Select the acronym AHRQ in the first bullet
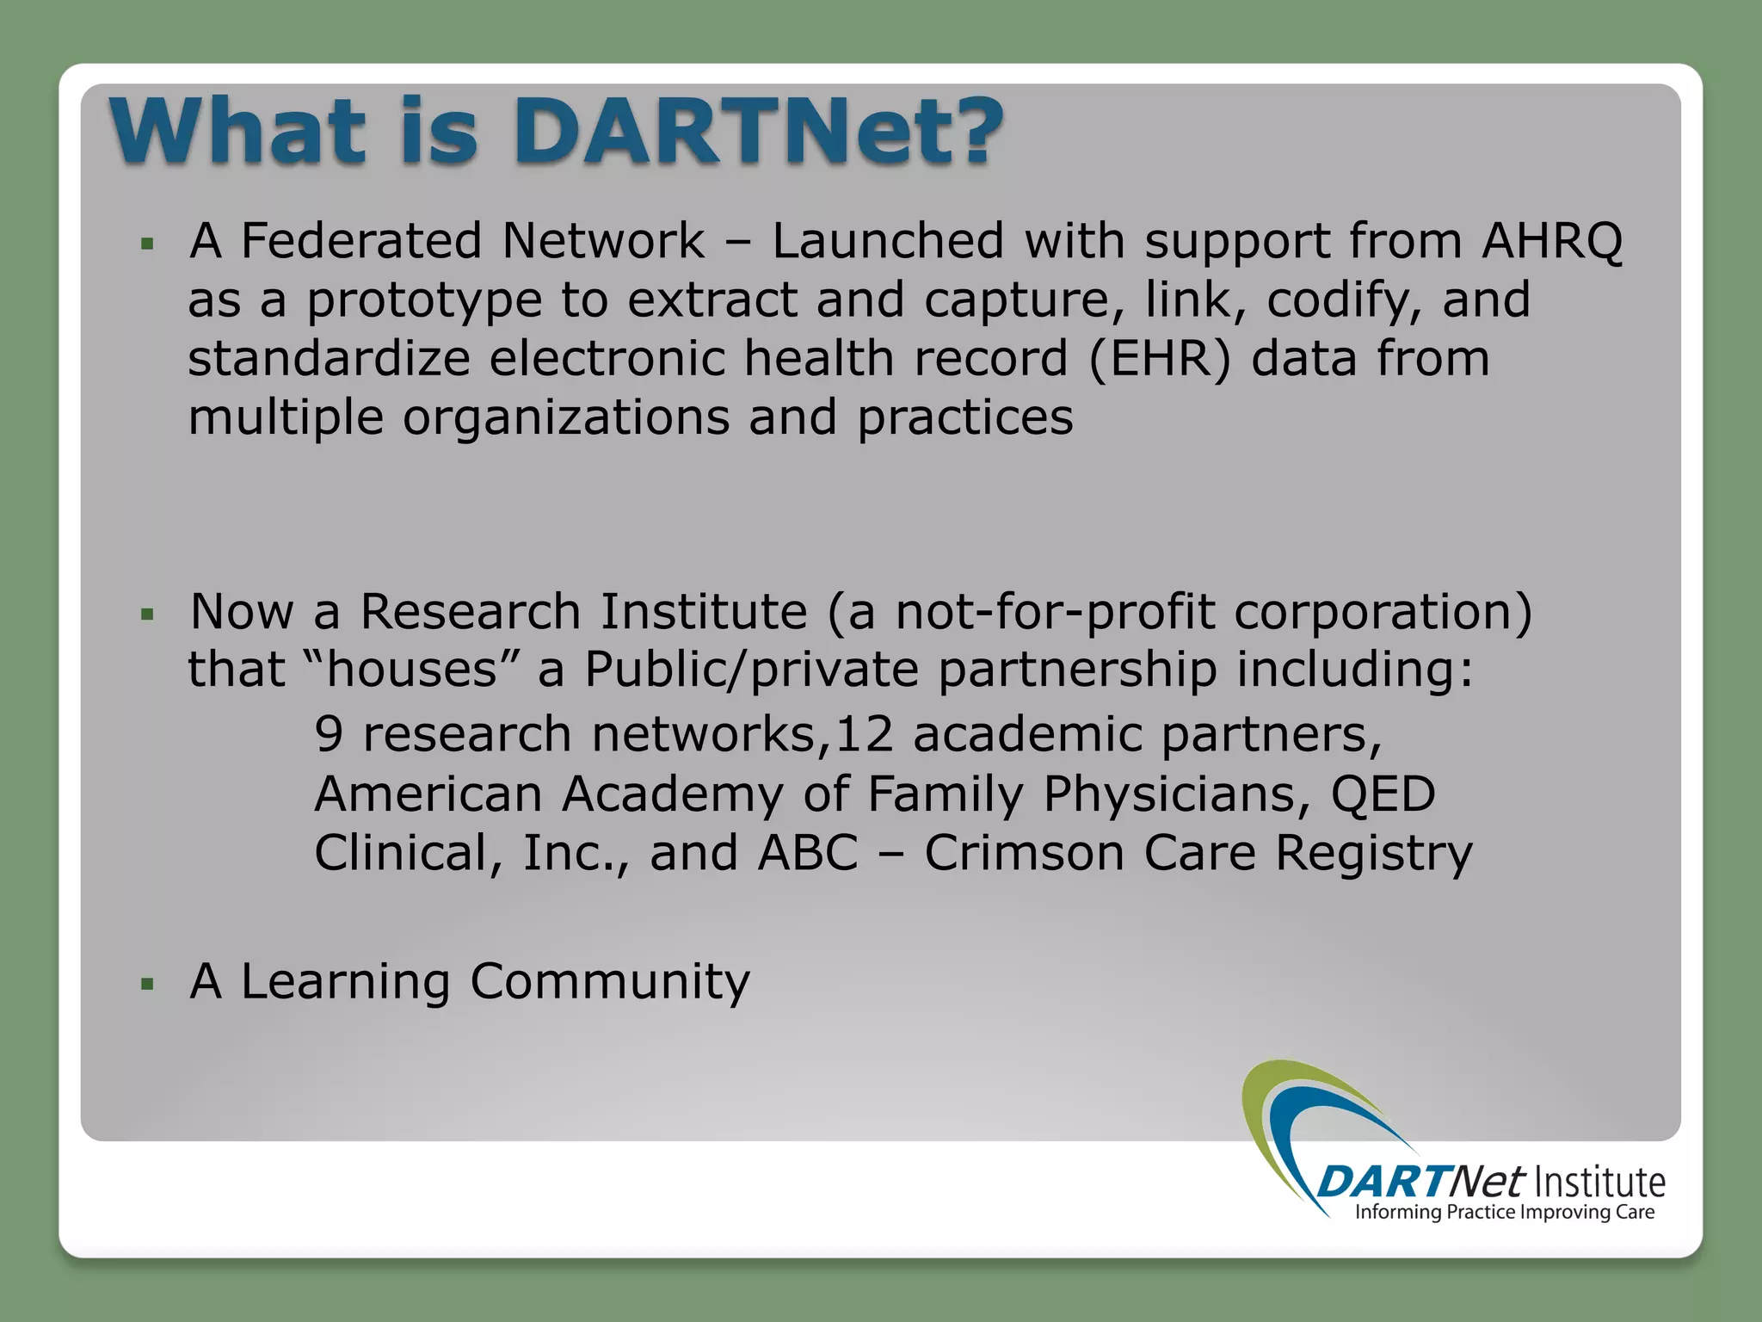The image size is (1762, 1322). point(1551,240)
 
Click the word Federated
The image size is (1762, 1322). point(361,240)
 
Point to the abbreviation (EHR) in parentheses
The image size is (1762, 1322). point(1160,358)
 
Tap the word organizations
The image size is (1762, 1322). point(565,418)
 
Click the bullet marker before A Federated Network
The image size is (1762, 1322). point(148,244)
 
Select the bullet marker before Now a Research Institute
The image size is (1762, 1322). point(148,615)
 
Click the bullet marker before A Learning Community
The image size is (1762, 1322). point(148,984)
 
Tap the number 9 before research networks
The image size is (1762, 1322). point(329,735)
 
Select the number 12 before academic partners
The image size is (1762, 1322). point(864,735)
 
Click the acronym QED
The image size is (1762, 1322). point(1383,794)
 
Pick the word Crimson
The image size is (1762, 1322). point(1023,853)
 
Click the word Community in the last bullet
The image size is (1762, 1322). point(609,981)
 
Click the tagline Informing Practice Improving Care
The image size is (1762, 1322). point(1504,1213)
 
